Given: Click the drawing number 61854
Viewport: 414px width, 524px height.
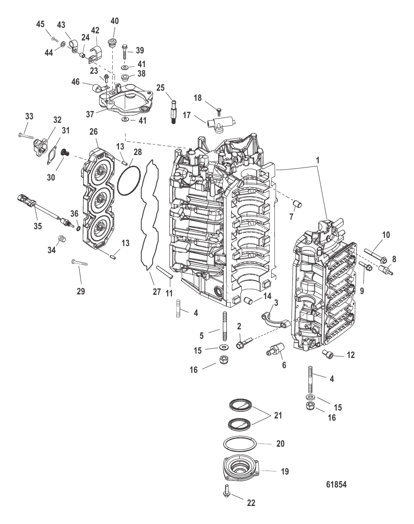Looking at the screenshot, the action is pos(336,484).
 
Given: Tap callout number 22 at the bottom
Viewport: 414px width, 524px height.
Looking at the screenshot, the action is pos(251,509).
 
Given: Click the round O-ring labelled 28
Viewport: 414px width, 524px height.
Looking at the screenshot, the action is pos(129,180).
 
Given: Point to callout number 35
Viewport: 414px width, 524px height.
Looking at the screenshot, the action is pos(38,226).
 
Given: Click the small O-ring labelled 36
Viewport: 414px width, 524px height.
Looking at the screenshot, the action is pos(78,229).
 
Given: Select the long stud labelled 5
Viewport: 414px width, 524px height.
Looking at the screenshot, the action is pos(225,327).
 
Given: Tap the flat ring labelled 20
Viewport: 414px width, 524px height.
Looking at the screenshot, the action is pos(240,444).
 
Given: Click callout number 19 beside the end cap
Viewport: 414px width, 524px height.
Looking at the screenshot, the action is pos(285,471).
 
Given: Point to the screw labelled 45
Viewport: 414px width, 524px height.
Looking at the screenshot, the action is pos(55,39).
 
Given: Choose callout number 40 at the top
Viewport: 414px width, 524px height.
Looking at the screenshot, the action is pos(115,21).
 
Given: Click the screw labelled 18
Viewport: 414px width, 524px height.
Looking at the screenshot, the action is pos(219,111).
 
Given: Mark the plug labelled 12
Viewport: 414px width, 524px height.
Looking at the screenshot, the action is pos(325,352).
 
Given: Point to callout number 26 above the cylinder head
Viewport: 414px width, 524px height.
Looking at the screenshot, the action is pos(93,132).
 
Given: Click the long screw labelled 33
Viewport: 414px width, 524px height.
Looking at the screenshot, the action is pos(26,135).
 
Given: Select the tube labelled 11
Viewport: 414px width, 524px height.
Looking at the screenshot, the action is pos(165,272).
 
